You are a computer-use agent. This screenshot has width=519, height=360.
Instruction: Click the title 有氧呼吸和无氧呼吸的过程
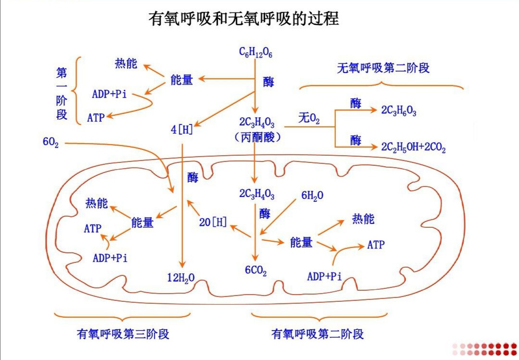click(244, 19)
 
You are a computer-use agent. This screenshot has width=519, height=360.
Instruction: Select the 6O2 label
click(50, 143)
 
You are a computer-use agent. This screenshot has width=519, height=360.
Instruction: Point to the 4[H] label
click(182, 130)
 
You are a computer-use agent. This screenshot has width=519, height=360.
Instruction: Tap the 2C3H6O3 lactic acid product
click(398, 111)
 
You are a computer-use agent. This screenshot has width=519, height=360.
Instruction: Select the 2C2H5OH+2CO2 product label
click(413, 147)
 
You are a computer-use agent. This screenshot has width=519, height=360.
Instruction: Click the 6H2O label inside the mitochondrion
click(312, 195)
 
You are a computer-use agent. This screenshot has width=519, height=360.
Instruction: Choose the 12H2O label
click(181, 277)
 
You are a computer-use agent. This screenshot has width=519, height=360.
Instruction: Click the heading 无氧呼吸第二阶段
click(383, 68)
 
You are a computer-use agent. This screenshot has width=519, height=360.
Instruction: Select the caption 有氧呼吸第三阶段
click(123, 334)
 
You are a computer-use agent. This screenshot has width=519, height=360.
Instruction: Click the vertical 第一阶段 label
click(62, 94)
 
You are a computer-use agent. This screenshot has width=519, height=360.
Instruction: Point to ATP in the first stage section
click(96, 117)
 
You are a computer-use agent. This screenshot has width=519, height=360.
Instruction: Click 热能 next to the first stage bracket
click(126, 63)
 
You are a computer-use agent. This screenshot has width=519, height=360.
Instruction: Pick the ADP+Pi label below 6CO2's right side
click(324, 276)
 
